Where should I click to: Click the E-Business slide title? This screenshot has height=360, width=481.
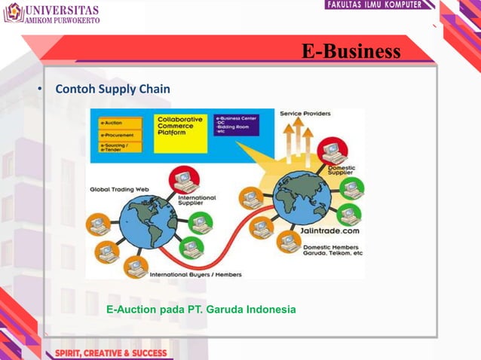tap(351, 51)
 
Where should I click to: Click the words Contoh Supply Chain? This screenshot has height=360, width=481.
tap(112, 90)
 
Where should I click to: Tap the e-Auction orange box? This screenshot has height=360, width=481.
tap(118, 123)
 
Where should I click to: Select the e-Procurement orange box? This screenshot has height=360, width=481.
tap(118, 135)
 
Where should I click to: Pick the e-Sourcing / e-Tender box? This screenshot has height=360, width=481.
tap(118, 148)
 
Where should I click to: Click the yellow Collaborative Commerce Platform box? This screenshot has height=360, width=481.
tap(181, 133)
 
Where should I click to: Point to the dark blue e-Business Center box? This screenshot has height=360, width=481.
tap(236, 124)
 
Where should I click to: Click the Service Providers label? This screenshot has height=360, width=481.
tap(304, 114)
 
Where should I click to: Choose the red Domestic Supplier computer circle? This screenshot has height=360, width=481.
tap(332, 151)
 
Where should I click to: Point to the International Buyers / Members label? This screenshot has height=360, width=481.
tap(195, 275)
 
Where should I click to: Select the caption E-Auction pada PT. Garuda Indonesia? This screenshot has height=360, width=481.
tap(201, 310)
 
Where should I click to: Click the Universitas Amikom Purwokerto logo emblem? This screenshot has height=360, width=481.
tap(13, 13)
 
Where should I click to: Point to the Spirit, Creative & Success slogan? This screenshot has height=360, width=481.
tap(106, 352)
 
